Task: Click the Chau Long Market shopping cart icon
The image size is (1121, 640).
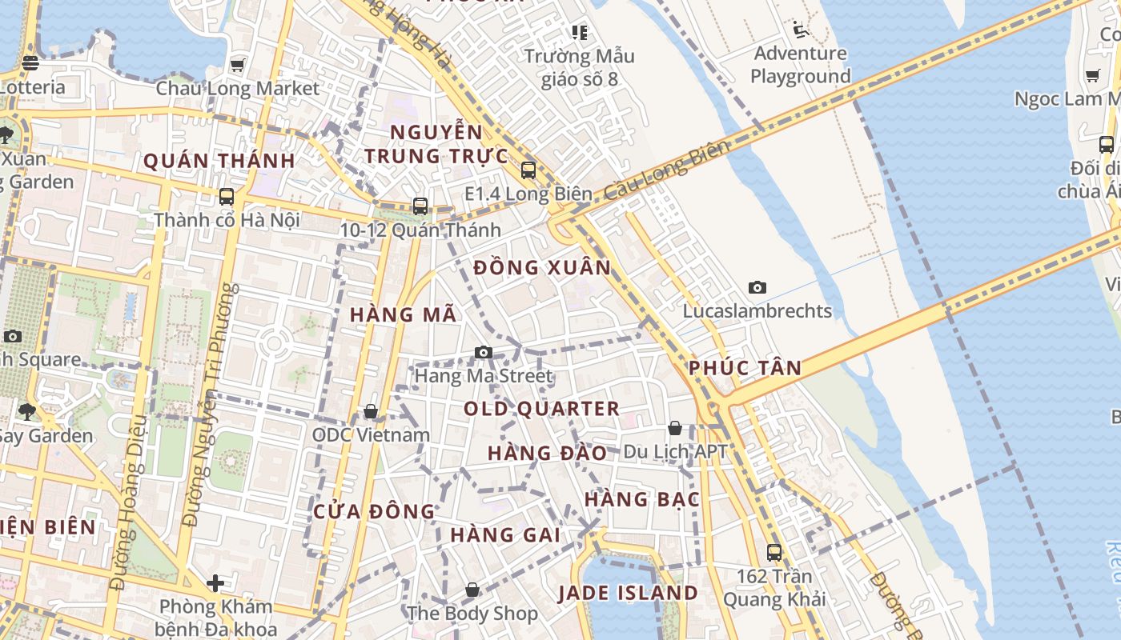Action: pos(237,64)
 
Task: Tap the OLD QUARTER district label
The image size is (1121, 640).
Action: pos(542,409)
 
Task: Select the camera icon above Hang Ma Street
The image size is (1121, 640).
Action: pos(484,352)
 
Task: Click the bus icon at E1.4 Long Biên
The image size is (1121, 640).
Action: pos(528,170)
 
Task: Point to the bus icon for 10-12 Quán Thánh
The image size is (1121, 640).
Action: pos(420,206)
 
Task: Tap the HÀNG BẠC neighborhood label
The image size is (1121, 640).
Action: pos(642,500)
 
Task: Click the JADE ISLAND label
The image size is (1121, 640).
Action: pos(629,593)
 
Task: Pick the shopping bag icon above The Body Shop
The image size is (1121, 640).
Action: pos(473,590)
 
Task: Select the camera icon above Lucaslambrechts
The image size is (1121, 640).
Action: pos(757,287)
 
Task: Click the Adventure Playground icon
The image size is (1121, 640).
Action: pos(799,30)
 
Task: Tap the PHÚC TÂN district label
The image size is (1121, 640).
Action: pos(745,368)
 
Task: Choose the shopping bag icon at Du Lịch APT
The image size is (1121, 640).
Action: pos(675,428)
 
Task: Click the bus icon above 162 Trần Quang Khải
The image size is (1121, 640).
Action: pos(773,552)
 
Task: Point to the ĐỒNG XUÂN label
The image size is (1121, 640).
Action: pos(542,268)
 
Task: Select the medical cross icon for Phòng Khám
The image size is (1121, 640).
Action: pos(215,583)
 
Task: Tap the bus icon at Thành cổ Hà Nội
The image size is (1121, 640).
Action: pos(227,196)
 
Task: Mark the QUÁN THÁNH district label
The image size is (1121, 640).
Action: pos(219,161)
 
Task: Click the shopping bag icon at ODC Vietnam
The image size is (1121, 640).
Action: pos(371,411)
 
